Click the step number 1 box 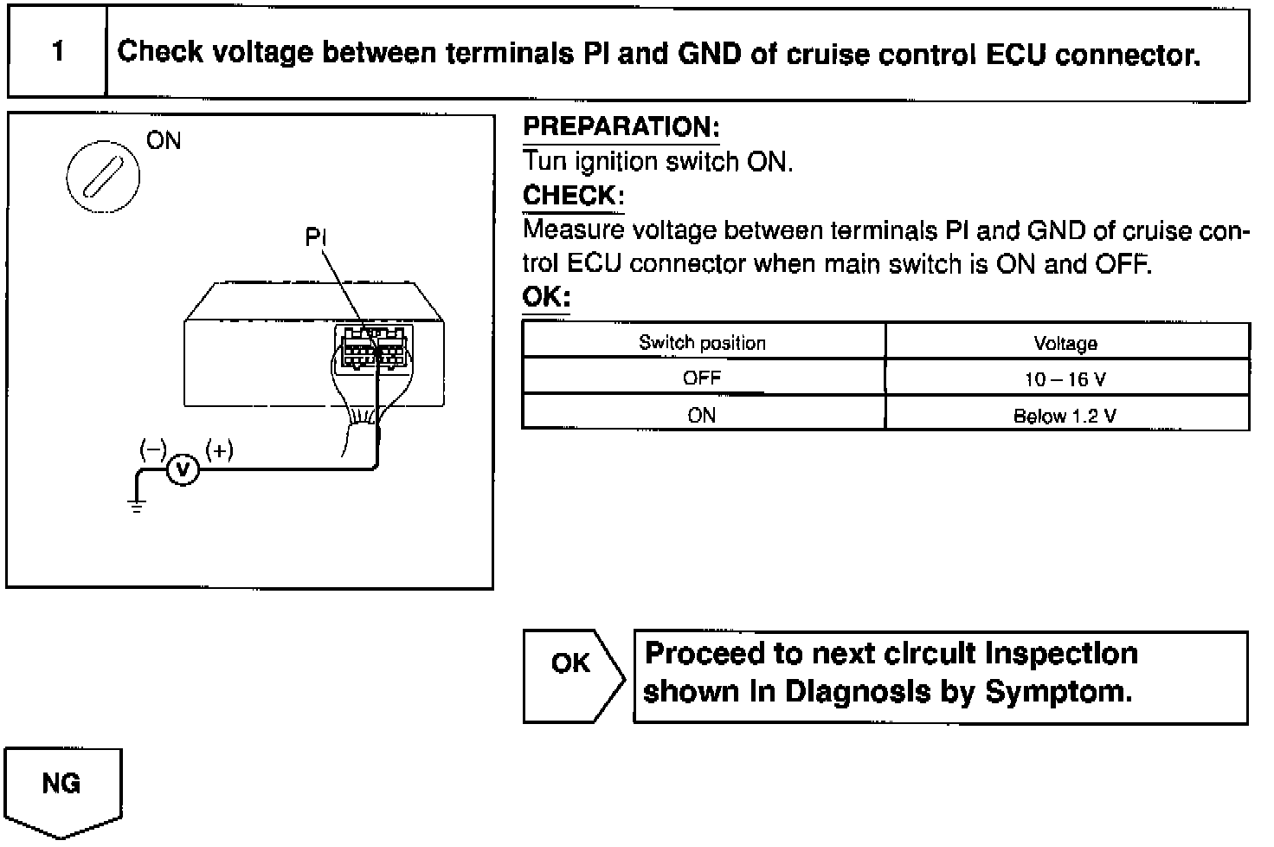(x=57, y=52)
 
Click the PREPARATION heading (x=621, y=127)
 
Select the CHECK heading (x=572, y=196)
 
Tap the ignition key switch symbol (x=103, y=178)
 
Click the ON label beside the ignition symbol (x=164, y=141)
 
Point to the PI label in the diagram (x=316, y=237)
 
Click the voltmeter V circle (x=183, y=469)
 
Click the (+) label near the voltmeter (x=219, y=449)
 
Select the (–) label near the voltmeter (x=153, y=449)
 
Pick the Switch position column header (x=702, y=343)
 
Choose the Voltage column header (x=1065, y=344)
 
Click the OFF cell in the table (x=702, y=378)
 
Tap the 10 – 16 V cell (x=1065, y=379)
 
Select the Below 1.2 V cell (x=1065, y=416)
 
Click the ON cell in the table (x=702, y=415)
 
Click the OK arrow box (x=572, y=675)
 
